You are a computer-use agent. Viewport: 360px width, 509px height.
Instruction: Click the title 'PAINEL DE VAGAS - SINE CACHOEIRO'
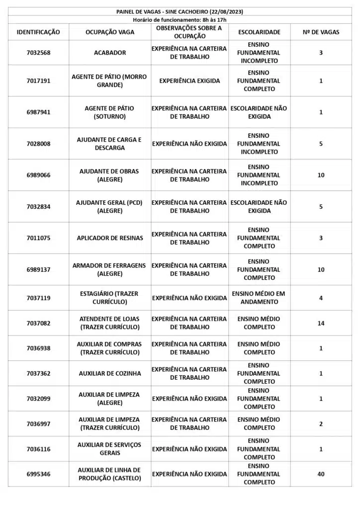click(180, 11)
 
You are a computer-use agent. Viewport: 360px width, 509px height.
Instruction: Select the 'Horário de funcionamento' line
click(180, 19)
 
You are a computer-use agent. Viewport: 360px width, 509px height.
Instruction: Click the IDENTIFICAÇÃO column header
click(38, 32)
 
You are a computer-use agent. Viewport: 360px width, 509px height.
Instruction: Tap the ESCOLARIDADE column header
click(259, 32)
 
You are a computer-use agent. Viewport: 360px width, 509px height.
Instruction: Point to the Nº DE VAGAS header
click(321, 32)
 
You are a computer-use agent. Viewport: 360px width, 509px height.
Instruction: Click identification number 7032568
click(38, 53)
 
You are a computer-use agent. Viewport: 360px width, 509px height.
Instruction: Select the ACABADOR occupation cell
click(109, 53)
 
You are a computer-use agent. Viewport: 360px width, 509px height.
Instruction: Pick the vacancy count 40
click(321, 474)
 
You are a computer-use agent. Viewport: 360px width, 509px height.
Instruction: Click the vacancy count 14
click(321, 323)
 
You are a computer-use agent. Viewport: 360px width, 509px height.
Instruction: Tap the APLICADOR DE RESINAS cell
click(109, 238)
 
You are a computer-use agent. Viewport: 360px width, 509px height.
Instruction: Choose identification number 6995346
click(38, 474)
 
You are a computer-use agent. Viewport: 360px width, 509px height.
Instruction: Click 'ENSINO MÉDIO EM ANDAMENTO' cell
click(259, 298)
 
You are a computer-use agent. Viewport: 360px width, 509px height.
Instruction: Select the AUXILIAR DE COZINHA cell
click(109, 373)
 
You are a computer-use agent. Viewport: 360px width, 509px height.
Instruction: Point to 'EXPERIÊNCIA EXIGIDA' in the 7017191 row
click(189, 81)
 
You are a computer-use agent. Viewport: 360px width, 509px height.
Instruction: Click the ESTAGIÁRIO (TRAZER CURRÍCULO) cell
click(109, 298)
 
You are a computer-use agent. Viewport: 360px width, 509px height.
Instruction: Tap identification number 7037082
click(38, 323)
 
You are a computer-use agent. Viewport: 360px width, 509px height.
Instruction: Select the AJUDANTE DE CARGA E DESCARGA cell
click(109, 144)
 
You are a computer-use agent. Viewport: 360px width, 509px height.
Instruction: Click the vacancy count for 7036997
click(321, 424)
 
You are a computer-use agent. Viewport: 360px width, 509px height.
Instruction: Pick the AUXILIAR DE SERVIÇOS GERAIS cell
click(109, 449)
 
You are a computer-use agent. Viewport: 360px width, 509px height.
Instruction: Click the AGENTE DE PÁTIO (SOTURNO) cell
click(109, 112)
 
